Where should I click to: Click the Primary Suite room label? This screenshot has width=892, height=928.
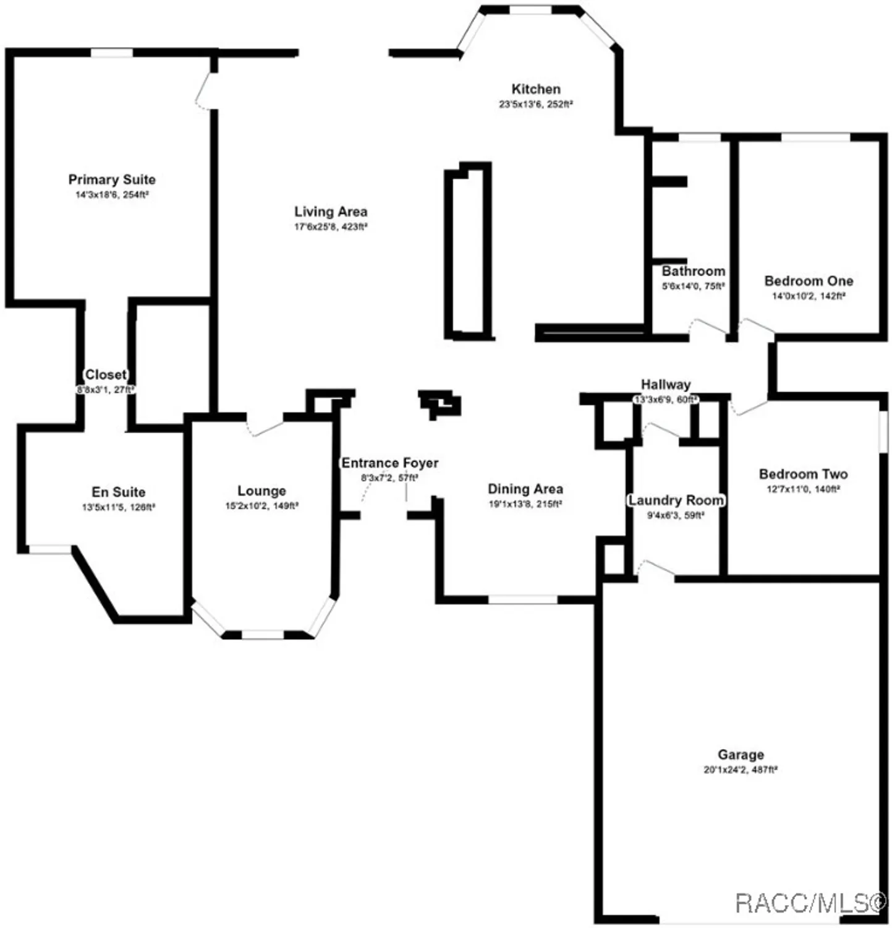tap(112, 179)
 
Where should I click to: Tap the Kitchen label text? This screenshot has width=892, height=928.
tap(535, 89)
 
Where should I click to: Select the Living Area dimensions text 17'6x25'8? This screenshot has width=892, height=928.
tap(331, 227)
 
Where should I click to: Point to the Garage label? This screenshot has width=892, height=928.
tap(741, 754)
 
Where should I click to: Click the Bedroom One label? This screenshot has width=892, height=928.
tap(809, 281)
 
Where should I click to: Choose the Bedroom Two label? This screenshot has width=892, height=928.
tap(803, 474)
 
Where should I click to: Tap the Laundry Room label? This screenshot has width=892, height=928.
tap(676, 500)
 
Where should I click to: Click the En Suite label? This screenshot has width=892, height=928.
tap(119, 492)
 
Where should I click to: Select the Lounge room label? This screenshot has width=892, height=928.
tap(261, 491)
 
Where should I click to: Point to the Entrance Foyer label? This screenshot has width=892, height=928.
tap(390, 463)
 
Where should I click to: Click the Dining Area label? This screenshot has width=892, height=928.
tap(525, 489)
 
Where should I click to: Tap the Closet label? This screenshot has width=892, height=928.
tap(106, 374)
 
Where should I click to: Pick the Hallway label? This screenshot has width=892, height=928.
tap(665, 384)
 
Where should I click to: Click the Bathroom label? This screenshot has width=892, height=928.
tap(693, 271)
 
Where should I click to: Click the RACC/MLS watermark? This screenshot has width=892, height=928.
tap(810, 903)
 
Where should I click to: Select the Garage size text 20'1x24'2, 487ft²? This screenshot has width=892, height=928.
tap(741, 770)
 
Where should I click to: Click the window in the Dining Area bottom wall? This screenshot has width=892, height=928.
tap(522, 599)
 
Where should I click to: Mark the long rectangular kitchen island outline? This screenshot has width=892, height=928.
tap(468, 251)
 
